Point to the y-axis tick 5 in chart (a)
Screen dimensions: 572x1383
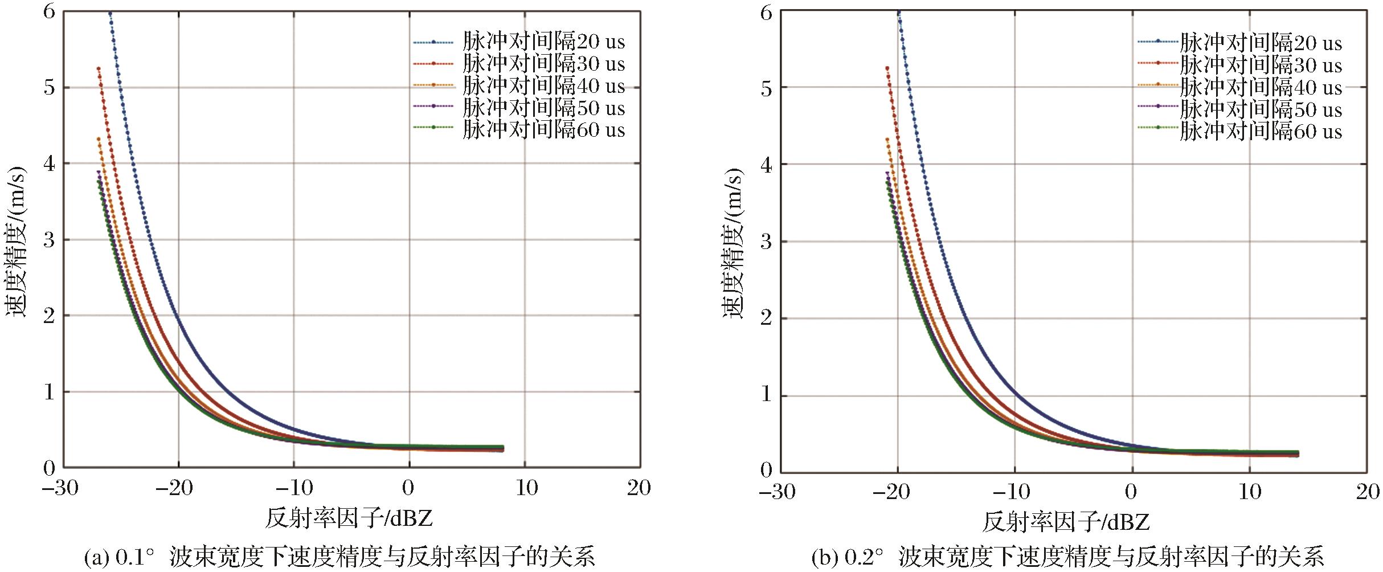(50, 87)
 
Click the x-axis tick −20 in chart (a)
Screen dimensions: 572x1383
(175, 488)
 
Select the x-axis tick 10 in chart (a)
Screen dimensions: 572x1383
(526, 488)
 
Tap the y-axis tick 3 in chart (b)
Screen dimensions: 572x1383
(767, 242)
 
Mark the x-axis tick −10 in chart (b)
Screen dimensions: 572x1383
(1011, 491)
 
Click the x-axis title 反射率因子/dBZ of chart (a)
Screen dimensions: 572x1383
(349, 518)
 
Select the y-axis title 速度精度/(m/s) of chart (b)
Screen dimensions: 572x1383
(734, 243)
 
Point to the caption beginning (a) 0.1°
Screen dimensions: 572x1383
(339, 557)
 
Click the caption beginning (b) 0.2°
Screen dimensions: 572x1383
(1067, 557)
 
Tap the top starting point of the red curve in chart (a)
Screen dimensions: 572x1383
(99, 69)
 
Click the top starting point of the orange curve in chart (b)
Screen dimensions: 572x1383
(887, 139)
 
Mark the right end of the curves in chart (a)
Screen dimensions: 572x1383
(502, 449)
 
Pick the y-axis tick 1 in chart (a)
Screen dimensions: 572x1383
(50, 392)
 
